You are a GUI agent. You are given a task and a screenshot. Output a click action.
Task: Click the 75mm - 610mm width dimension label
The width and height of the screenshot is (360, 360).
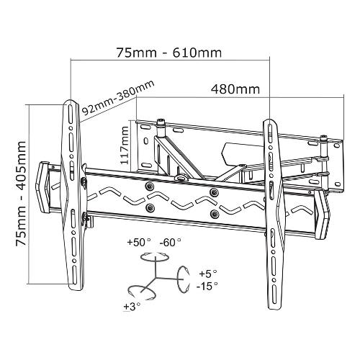(x=169, y=53)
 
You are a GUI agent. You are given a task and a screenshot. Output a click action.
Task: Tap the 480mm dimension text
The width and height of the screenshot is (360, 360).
(x=235, y=89)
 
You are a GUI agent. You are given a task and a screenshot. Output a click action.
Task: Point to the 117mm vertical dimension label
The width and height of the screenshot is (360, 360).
(x=125, y=145)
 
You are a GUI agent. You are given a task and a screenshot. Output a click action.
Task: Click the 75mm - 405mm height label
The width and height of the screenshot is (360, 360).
(x=21, y=193)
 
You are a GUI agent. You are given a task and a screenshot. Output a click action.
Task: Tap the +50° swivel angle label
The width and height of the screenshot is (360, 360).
(x=139, y=242)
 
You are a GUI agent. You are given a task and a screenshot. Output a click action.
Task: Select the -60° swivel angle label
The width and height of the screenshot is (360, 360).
(x=171, y=242)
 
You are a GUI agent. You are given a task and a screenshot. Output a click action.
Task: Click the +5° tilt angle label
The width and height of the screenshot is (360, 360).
(x=208, y=274)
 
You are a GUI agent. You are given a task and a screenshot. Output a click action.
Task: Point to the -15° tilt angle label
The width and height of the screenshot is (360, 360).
(x=207, y=286)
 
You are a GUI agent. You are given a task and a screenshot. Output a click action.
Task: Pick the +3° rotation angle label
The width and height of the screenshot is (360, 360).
(x=132, y=307)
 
